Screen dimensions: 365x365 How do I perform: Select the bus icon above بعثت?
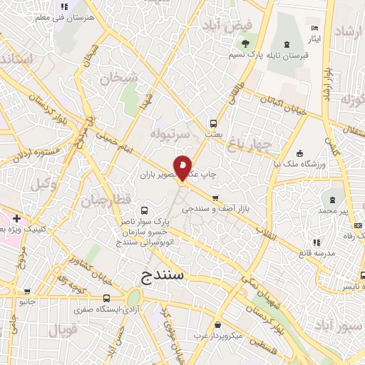(x=212, y=122)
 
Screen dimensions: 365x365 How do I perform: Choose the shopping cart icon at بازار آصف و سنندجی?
(x=215, y=198)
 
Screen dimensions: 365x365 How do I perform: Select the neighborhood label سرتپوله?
(x=171, y=134)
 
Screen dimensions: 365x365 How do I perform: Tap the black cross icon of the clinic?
(x=16, y=219)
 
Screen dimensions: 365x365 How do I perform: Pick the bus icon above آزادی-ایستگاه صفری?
(x=106, y=298)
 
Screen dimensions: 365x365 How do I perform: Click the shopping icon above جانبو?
(x=27, y=291)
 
